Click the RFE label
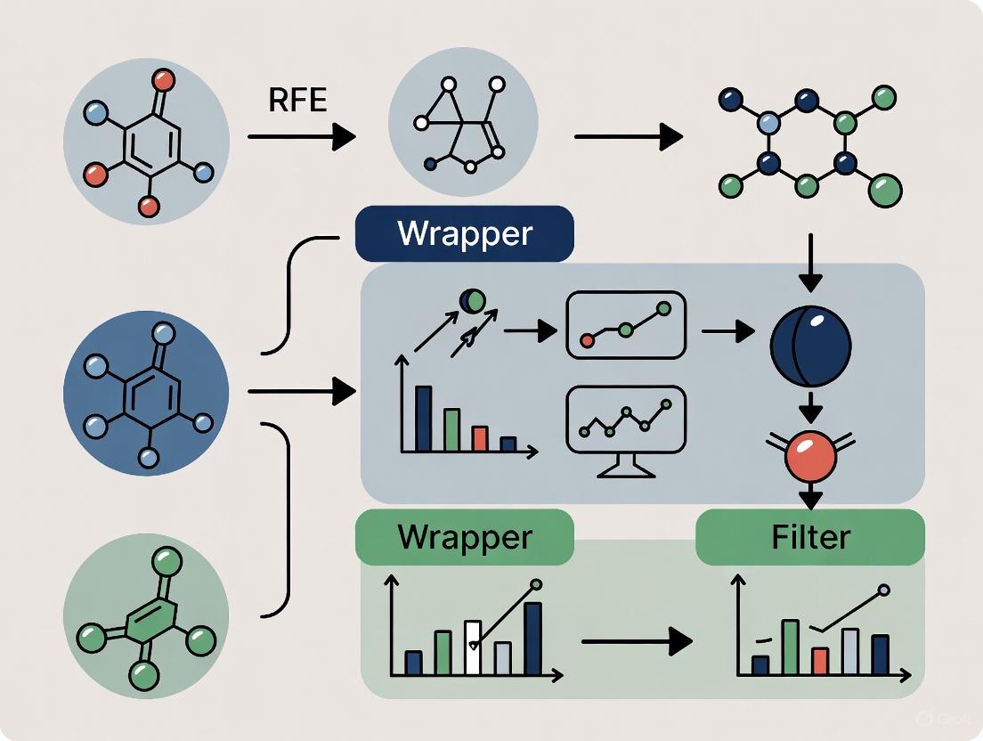click(297, 100)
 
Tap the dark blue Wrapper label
click(464, 233)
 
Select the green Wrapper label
click(464, 537)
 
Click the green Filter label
click(809, 537)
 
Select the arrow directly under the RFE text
click(301, 137)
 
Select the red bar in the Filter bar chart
click(821, 660)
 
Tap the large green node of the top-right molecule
click(883, 188)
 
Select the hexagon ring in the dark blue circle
click(145, 392)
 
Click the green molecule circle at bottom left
click(145, 615)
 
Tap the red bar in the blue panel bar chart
click(480, 438)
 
